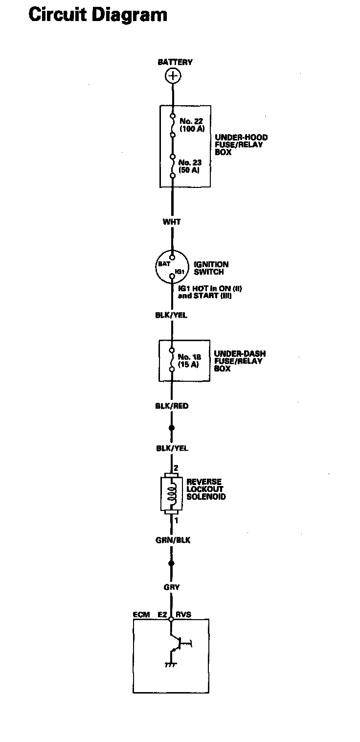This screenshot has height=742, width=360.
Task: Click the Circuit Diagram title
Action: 98,15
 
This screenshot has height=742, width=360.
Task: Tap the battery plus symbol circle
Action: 172,75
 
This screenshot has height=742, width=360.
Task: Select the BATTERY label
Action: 175,62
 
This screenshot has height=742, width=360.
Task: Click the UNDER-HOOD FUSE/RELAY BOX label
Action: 241,145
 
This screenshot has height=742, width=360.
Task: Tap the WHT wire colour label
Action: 172,222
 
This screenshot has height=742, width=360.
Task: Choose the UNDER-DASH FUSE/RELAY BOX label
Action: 240,361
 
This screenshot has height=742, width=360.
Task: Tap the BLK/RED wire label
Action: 172,406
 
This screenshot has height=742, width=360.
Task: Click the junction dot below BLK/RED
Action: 172,428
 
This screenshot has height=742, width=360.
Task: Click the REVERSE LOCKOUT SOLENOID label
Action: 206,489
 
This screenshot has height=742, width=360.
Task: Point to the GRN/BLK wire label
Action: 172,540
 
